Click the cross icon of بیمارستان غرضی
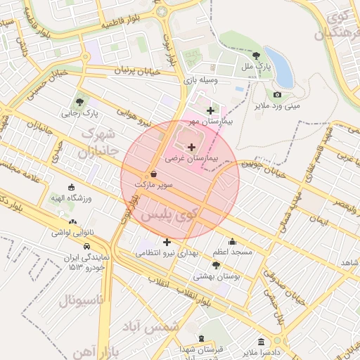tap(192, 147)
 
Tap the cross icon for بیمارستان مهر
tap(210, 110)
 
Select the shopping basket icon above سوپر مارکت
tap(153, 174)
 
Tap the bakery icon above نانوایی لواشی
tap(73, 221)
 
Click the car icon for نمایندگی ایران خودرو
tap(86, 247)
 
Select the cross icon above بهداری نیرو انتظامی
tap(167, 242)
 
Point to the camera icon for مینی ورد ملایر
tap(277, 95)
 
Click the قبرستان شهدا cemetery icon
tap(202, 338)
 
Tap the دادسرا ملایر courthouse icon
tap(261, 340)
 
